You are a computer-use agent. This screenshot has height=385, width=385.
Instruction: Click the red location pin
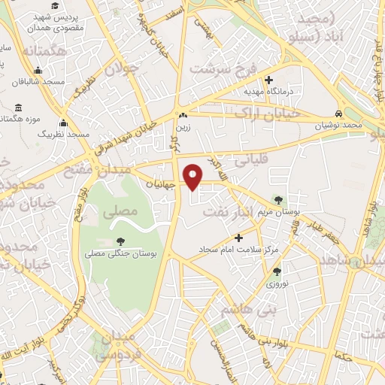click(194, 176)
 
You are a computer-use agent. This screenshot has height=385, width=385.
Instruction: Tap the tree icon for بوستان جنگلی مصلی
click(122, 242)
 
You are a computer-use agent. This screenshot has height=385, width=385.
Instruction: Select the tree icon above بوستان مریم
click(279, 201)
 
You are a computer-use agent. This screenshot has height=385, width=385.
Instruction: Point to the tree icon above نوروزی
click(277, 272)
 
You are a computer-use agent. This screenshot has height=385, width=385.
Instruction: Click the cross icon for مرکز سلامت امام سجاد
click(240, 238)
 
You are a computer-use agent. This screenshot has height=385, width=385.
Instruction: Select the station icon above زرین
click(183, 115)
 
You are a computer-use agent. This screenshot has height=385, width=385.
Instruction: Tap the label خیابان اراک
click(267, 113)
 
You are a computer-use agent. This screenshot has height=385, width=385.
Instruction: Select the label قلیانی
click(250, 159)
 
